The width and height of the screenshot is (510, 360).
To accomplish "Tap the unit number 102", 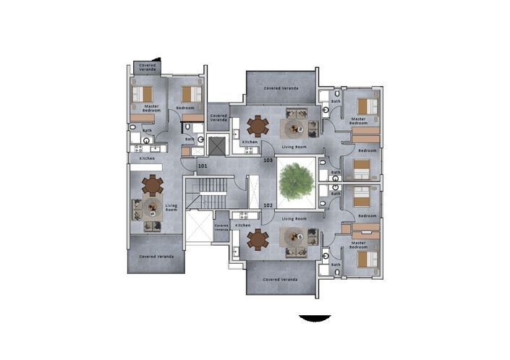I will coord(267,205).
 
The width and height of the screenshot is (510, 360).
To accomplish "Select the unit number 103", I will coord(268,160).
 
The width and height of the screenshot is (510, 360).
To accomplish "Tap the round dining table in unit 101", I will coord(152,185).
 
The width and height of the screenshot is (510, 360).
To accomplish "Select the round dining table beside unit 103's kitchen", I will coord(258,125).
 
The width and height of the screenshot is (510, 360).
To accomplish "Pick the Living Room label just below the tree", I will coord(294,218).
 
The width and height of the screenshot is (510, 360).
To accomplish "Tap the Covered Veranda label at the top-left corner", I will coord(146,67).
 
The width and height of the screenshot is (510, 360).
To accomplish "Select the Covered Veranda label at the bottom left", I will coord(156,257).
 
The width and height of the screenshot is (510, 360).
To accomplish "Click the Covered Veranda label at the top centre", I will coord(281,88).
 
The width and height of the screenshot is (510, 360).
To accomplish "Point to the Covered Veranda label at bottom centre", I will coord(281,279).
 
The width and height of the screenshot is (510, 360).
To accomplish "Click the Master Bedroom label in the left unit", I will coord(151,108).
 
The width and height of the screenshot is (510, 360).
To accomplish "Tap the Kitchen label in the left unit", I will coord(147,158).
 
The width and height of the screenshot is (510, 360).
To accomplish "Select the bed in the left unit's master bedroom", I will coord(145,94).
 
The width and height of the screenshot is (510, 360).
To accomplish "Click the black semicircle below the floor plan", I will coord(315,318).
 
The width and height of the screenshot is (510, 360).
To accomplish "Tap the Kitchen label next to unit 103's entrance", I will coord(250,142).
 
